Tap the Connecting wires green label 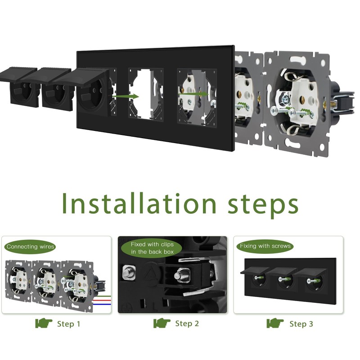[30, 247]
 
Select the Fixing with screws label [265, 246]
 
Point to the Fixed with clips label [152, 248]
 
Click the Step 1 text [69, 324]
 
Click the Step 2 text [187, 324]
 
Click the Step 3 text [301, 324]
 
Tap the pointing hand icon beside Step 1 [44, 323]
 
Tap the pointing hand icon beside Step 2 [162, 323]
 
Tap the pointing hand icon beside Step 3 [275, 323]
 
